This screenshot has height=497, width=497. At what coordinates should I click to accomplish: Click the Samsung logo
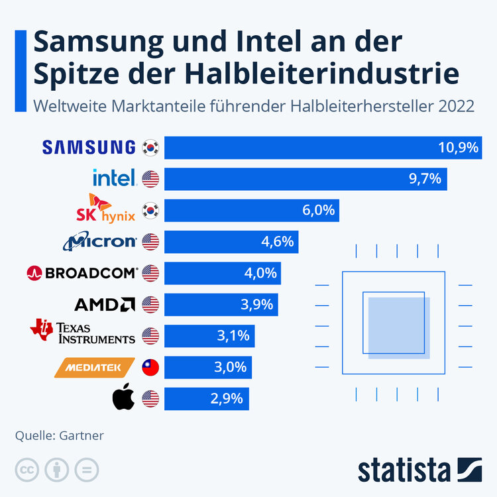pos(89,147)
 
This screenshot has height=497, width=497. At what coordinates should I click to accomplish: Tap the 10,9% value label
pos(458,148)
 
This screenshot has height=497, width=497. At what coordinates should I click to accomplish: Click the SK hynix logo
pos(107,209)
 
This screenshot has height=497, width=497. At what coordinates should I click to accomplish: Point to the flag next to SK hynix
pos(150,211)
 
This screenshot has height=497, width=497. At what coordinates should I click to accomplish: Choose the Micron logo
pos(100,242)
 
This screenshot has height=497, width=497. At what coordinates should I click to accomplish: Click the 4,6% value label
pos(277,242)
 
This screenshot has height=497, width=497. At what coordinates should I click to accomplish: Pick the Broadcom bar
pos(222,273)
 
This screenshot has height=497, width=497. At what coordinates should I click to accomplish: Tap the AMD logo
pos(105,304)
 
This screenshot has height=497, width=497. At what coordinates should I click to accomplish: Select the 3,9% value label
pos(254,304)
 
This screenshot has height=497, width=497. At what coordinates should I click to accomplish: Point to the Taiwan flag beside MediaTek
pos(150,366)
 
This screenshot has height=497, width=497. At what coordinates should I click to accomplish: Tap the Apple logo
pos(123,398)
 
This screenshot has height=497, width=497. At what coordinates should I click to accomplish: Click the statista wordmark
pos(404,470)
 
